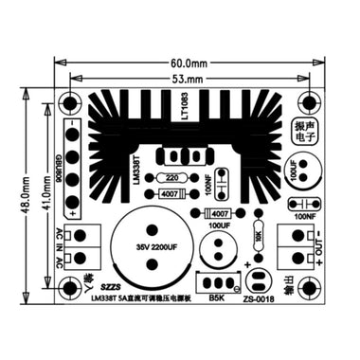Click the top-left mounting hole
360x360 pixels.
70,102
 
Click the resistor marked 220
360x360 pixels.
171,177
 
